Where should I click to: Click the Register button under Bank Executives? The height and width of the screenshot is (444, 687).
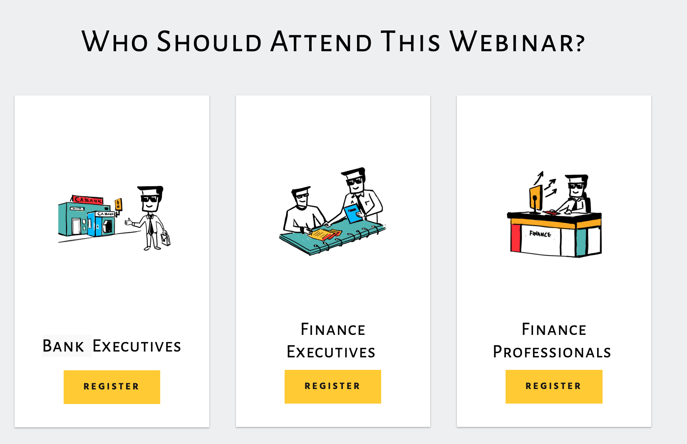[x=112, y=387]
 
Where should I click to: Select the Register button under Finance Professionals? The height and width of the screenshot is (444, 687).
[x=553, y=387]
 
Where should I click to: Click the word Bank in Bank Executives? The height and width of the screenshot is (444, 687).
[x=63, y=346]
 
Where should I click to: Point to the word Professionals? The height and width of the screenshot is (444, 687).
[x=552, y=352]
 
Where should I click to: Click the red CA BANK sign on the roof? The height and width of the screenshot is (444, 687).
[x=87, y=200]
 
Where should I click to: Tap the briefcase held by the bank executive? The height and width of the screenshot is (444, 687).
[x=166, y=238]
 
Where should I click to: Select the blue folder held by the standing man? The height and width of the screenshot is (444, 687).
[x=353, y=214]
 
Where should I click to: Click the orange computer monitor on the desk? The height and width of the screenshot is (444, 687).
[x=536, y=198]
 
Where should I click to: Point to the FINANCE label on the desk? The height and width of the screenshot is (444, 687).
[x=540, y=234]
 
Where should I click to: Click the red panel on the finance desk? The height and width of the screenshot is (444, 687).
[x=516, y=238]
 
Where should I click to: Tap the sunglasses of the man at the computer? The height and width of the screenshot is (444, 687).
[x=575, y=186]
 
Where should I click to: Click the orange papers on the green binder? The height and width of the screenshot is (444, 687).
[x=325, y=234]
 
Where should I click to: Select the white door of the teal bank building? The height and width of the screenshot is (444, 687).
[x=76, y=226]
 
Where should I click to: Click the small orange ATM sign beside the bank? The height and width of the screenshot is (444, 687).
[x=119, y=205]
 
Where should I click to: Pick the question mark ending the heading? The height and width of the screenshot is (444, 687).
[x=580, y=43]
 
